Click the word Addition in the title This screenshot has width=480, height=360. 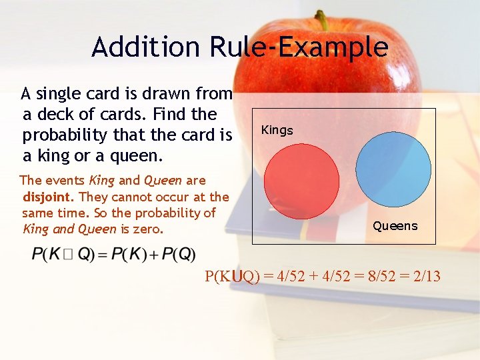point(146,47)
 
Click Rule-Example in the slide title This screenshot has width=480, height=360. point(298,47)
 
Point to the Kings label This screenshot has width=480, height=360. point(277,130)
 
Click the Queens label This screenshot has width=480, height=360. point(395,226)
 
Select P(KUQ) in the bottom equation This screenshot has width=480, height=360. point(232,276)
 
